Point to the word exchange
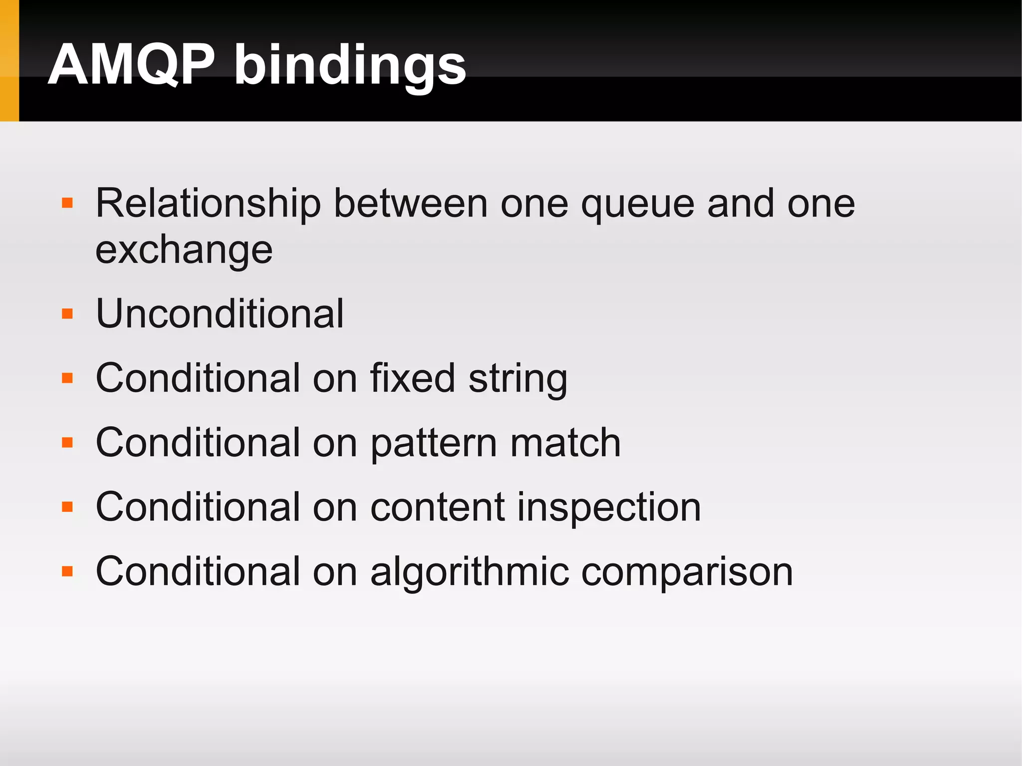pos(184,250)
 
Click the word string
pos(518,379)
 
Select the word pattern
pos(434,444)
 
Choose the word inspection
pos(609,508)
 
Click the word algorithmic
pos(470,572)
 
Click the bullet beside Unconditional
pos(67,314)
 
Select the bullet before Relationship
pos(67,203)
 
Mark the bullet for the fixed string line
pos(67,378)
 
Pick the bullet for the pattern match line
pos(67,443)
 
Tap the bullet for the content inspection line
pos(67,507)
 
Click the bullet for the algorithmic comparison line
pos(67,571)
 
